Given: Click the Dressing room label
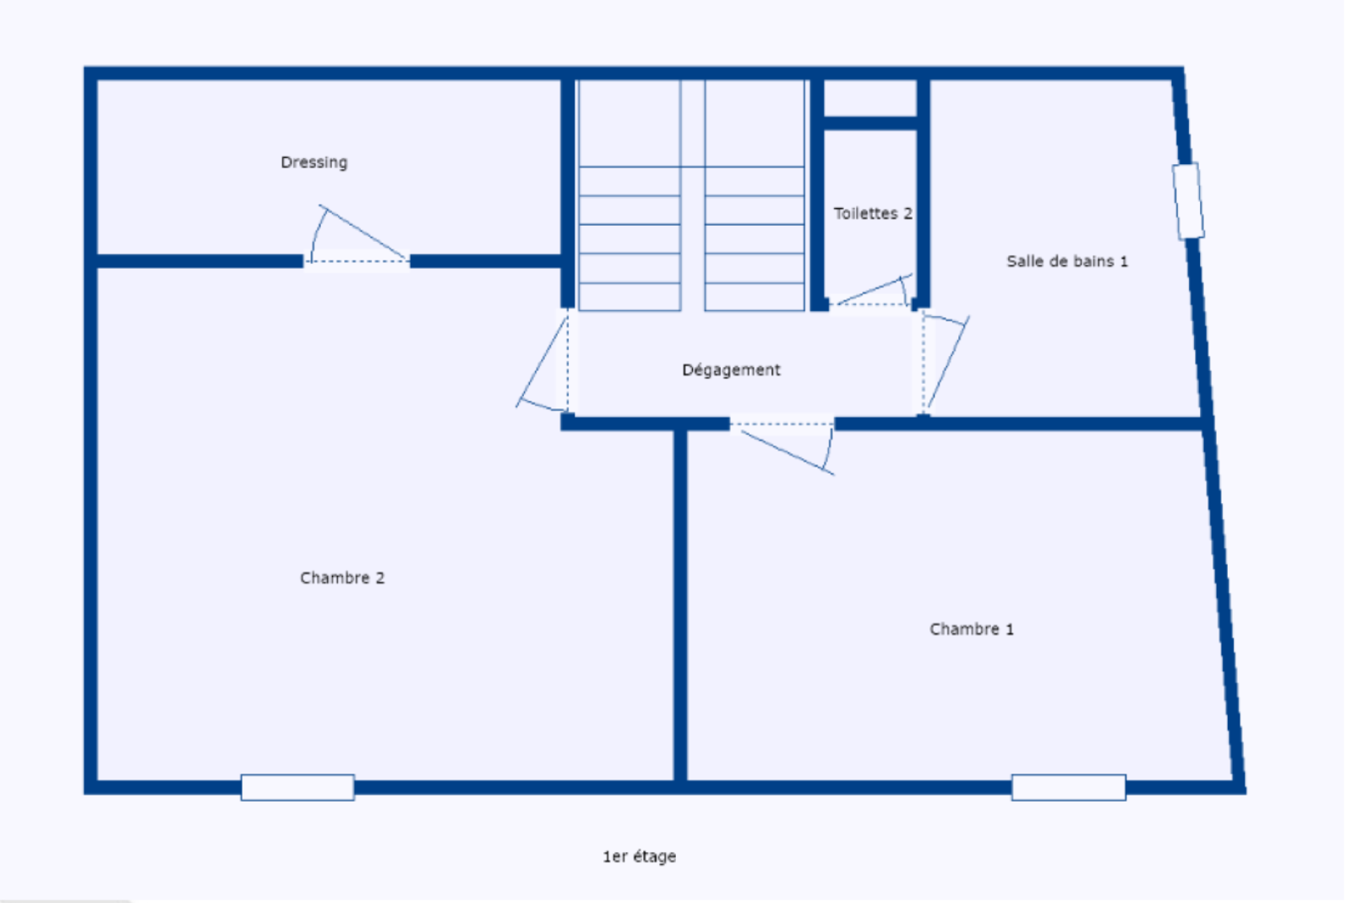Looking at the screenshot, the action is tap(313, 162).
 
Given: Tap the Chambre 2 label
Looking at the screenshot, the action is tap(342, 578).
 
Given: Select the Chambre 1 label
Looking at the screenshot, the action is tap(972, 629).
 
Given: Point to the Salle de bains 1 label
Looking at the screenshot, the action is tap(1067, 261).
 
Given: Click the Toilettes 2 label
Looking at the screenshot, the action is tap(873, 213).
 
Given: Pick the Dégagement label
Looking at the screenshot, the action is tap(731, 369).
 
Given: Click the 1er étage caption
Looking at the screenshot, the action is tap(639, 856).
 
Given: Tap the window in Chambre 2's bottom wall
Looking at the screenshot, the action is tap(297, 788).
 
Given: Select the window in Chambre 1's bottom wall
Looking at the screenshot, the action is tap(1069, 788).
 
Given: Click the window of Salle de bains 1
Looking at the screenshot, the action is tap(1188, 201).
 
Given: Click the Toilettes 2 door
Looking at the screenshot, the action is tap(873, 293).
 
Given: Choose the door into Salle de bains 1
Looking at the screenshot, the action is tap(945, 363).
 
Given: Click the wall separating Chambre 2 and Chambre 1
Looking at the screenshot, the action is tap(680, 604).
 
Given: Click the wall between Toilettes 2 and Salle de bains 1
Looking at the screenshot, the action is tap(924, 190).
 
